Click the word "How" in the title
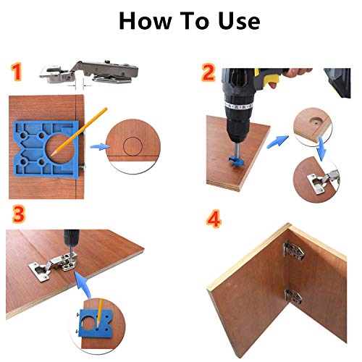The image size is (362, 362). click(x=146, y=21)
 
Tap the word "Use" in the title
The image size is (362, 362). click(x=239, y=21)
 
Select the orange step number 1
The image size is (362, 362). click(x=17, y=72)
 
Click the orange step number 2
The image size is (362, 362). click(x=208, y=72)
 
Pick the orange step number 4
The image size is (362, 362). click(x=214, y=219)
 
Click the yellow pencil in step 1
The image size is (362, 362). click(x=79, y=132)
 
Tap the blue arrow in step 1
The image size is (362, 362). click(x=100, y=146)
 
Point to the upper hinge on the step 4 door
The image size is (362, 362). click(x=293, y=251)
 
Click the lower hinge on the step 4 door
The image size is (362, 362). click(x=293, y=296)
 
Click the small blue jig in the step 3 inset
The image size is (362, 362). click(x=96, y=323)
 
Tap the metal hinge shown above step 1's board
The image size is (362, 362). click(x=89, y=72)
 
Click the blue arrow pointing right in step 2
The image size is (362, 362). click(x=277, y=142)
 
